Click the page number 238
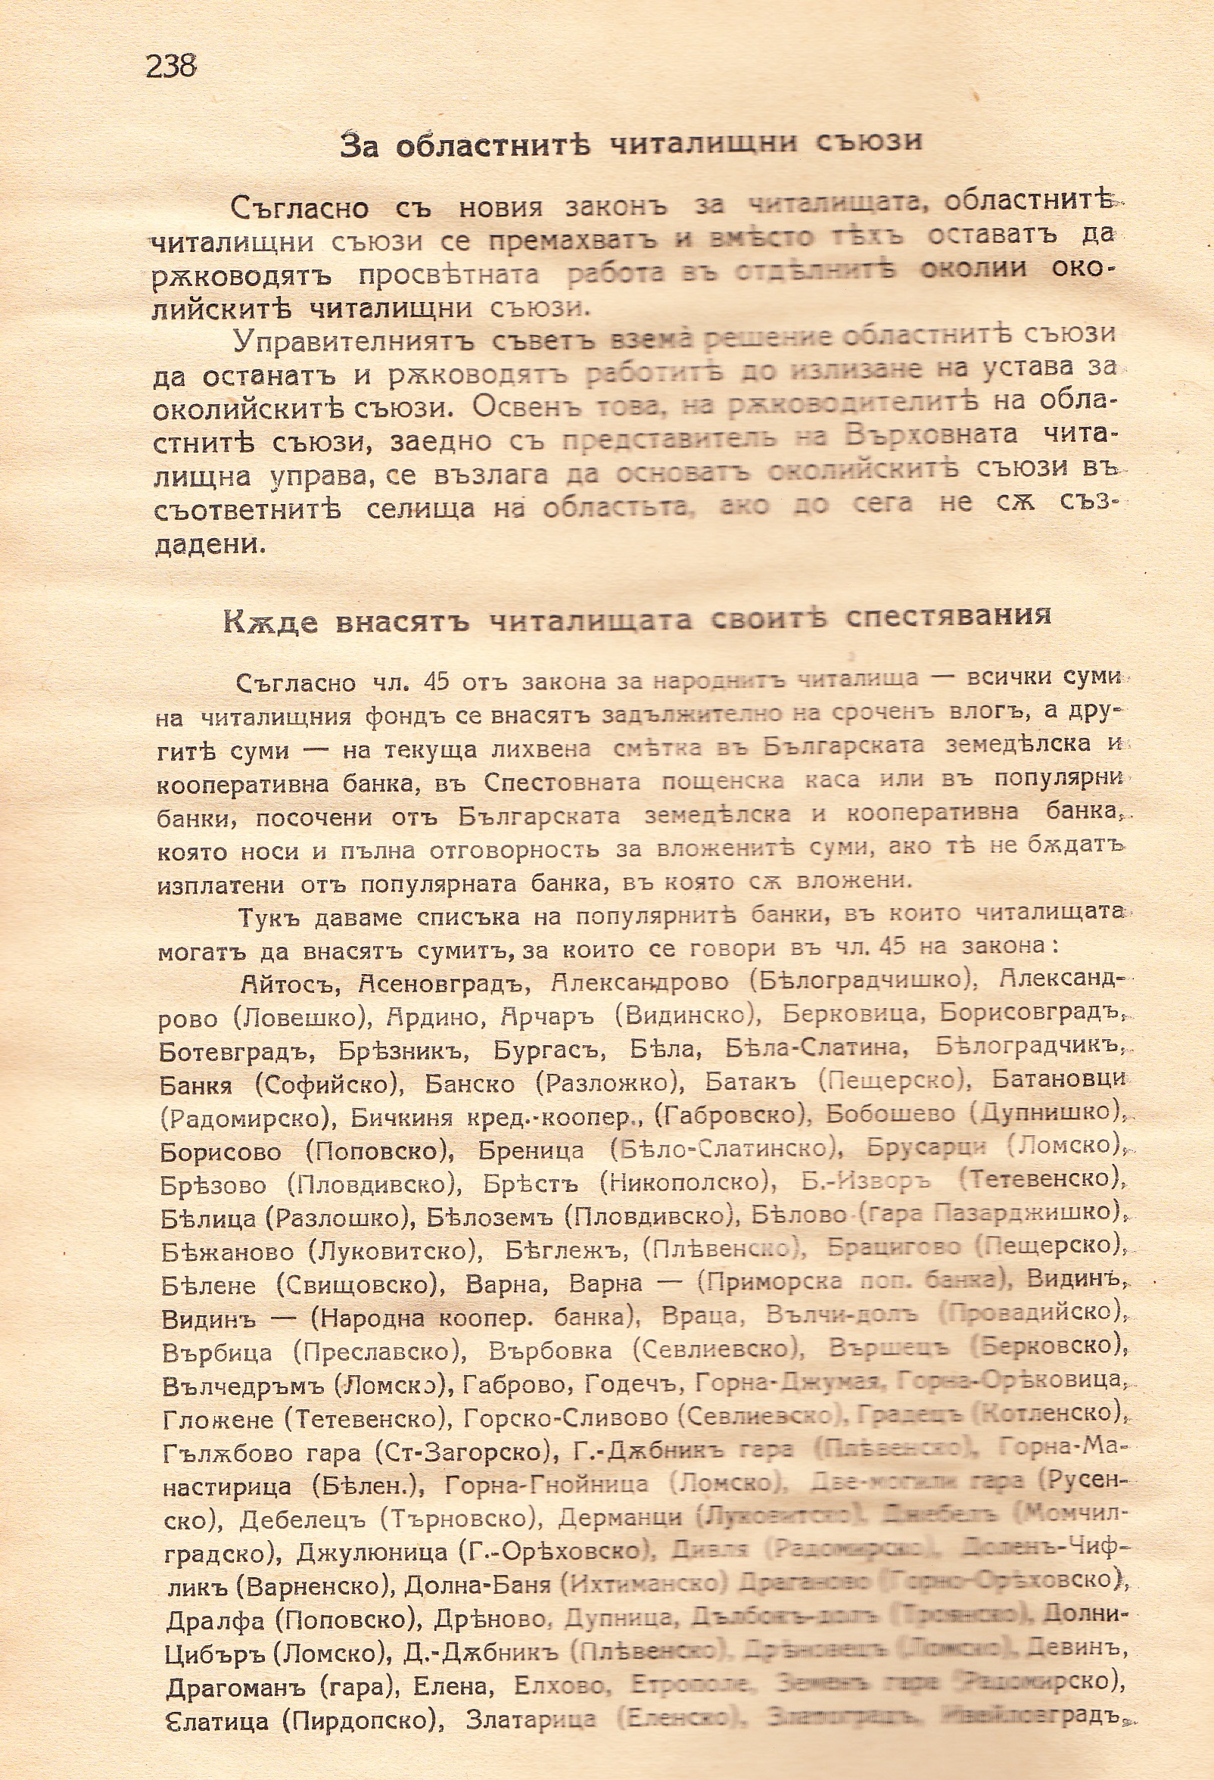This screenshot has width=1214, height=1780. (171, 67)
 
